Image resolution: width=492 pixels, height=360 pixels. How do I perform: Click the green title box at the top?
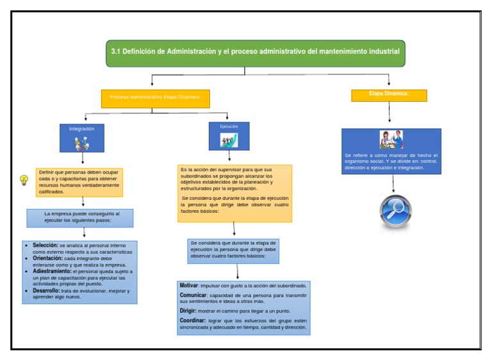point(255,53)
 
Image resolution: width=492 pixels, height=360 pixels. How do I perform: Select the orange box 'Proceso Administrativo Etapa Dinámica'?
point(156,97)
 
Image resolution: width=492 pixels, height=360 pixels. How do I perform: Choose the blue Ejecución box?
point(229,136)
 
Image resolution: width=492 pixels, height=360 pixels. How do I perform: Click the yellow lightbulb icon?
point(24,180)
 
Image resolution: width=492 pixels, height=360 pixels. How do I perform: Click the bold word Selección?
point(45,245)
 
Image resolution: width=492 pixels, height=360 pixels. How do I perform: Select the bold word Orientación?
point(47,258)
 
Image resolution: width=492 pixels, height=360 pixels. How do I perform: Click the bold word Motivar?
point(189,285)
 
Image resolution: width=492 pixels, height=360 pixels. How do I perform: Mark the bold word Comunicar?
point(193,295)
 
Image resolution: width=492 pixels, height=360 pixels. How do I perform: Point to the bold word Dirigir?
point(188,310)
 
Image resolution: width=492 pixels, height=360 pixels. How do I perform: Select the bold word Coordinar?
point(192,320)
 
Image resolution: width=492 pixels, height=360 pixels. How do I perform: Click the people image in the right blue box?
point(391,140)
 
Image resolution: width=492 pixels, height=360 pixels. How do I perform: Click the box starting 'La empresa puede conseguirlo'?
point(80,217)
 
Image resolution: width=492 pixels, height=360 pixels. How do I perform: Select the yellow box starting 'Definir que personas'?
point(79,182)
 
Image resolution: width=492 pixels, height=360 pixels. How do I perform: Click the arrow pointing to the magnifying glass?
point(393,184)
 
